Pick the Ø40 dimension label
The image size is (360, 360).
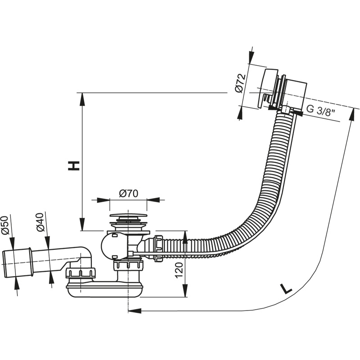[x=40, y=222]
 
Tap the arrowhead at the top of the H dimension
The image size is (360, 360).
[x=82, y=98]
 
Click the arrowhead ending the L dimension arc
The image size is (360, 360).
[x=134, y=310]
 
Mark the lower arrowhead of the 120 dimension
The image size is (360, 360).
[x=184, y=292]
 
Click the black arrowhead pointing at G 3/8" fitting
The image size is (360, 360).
[x=297, y=112]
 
